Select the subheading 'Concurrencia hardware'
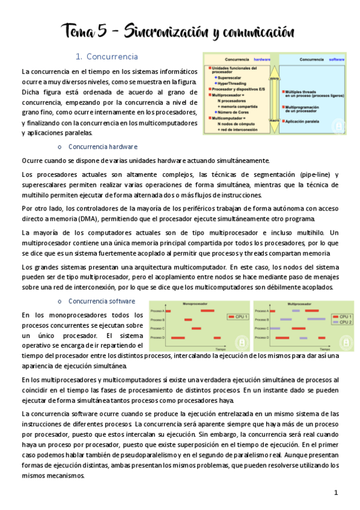pos(103,146)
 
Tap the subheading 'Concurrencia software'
pos(102,301)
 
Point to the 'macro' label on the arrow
pos(273,120)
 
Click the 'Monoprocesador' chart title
pos(196,304)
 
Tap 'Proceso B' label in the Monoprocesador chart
pos(157,319)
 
